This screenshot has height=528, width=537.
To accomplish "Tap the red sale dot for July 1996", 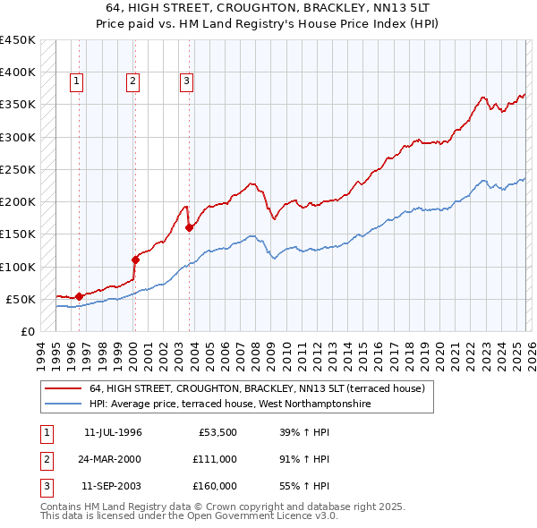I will point(79,296).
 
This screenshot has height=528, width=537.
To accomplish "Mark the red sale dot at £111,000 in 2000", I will point(135,260).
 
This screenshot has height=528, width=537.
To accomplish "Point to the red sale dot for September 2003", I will point(190,227).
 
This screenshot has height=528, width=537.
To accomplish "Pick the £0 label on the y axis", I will point(27,331).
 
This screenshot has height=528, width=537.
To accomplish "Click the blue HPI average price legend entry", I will point(229,405).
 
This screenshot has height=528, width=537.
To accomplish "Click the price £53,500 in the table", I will point(217,431).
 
